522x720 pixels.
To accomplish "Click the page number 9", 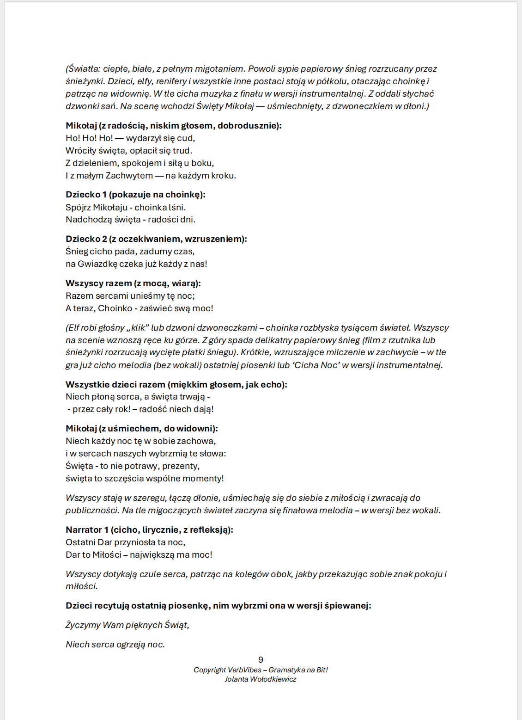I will [261, 659].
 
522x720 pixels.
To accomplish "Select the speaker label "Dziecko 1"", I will [86, 195].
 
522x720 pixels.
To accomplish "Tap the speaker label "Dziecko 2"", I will [86, 239].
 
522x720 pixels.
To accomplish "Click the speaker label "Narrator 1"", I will [87, 530].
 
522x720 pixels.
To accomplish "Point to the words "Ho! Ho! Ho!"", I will [89, 138].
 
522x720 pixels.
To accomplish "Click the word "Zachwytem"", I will [129, 176].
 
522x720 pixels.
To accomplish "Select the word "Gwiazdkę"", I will [97, 264].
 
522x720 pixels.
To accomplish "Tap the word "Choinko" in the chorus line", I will [115, 308].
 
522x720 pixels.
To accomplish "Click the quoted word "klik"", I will [138, 328].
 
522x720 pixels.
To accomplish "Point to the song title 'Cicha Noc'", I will [316, 365].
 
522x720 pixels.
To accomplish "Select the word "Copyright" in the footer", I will [210, 670].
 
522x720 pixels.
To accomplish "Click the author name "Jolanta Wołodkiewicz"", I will [261, 679].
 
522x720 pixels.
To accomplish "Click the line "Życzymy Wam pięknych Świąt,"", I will [127, 625].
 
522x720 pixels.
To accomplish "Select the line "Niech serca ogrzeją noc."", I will [115, 645].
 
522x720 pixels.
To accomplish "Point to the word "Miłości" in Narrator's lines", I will [107, 555].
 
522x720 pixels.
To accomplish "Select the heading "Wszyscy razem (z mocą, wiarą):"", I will [133, 283].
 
